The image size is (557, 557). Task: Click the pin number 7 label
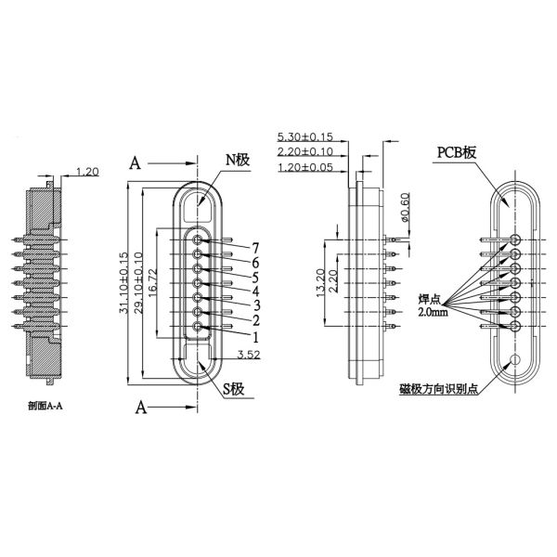pyautogui.click(x=253, y=247)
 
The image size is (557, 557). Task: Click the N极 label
pyautogui.click(x=237, y=160)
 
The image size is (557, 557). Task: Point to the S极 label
pyautogui.click(x=235, y=387)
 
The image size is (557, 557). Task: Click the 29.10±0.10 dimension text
pyautogui.click(x=139, y=283)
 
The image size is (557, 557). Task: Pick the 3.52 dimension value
pyautogui.click(x=248, y=354)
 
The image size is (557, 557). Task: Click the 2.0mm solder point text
pyautogui.click(x=433, y=314)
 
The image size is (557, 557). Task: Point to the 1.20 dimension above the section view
pyautogui.click(x=87, y=172)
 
